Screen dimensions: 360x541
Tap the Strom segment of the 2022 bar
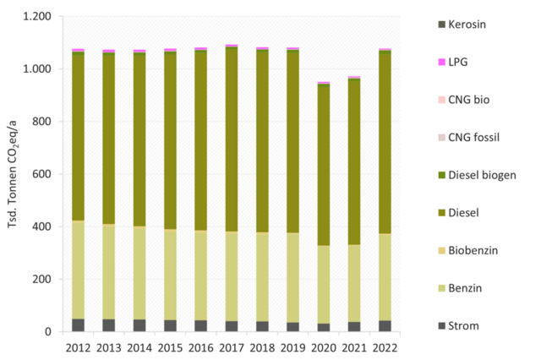pos(385,326)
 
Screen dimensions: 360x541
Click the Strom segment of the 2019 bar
pos(293,327)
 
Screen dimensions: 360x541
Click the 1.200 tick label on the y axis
pos(36,17)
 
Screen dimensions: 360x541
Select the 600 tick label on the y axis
pos(41,174)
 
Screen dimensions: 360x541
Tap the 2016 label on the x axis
pos(201,346)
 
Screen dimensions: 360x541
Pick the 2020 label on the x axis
pos(324,346)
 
